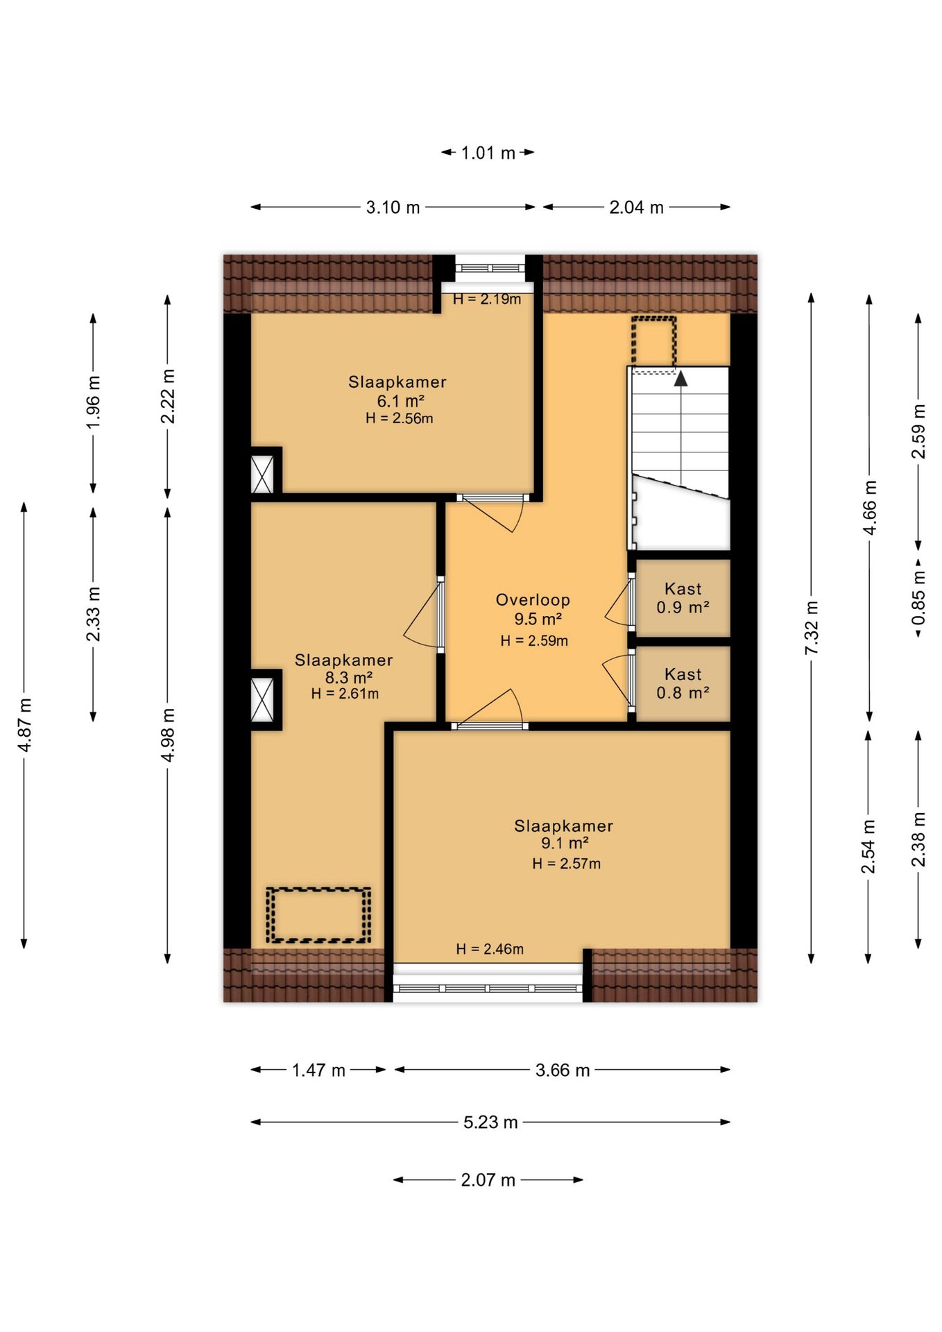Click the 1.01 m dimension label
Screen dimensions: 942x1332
point(488,153)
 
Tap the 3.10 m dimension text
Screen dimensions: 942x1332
point(393,207)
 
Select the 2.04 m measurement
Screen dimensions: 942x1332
point(636,207)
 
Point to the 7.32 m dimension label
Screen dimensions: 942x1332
point(811,627)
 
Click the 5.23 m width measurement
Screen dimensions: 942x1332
point(490,1122)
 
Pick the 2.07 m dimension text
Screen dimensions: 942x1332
point(488,1179)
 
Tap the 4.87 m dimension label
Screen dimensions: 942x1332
point(24,725)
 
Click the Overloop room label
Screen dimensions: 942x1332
point(533,600)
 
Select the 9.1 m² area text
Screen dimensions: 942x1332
point(565,843)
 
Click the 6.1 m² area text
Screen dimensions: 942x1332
point(400,400)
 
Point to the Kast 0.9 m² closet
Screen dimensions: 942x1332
point(683,598)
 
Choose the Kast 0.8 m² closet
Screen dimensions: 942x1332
point(683,683)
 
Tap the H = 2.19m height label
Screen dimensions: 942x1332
point(487,299)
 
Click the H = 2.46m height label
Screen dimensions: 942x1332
point(490,948)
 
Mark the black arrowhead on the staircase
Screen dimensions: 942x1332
point(681,378)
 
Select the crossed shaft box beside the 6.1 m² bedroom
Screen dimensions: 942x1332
point(262,474)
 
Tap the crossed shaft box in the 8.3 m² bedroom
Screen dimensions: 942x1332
point(262,699)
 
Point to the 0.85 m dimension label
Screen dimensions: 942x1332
point(918,597)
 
